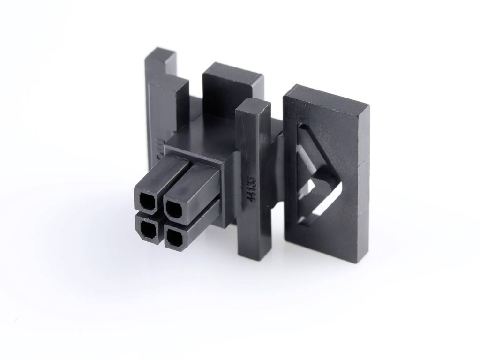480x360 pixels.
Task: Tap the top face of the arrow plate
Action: pyautogui.click(x=328, y=96)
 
